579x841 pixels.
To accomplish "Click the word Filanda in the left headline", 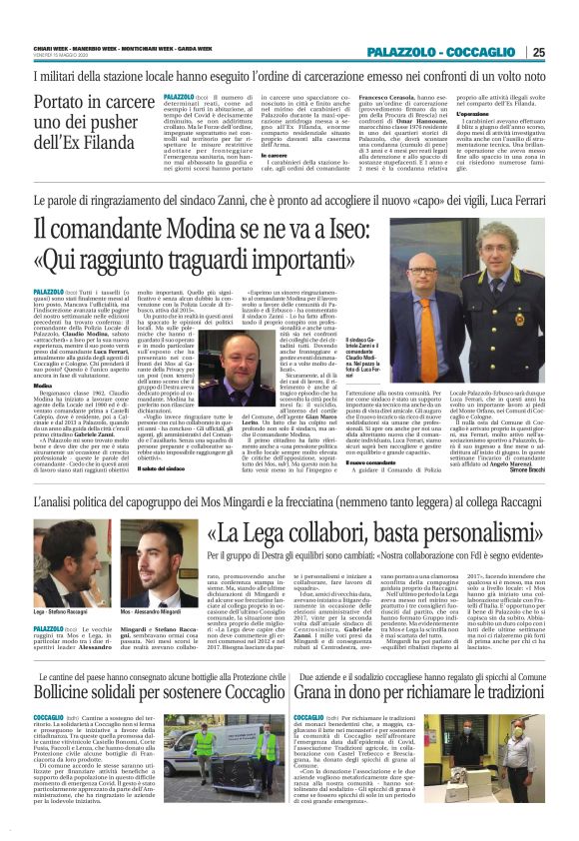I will pos(118,144).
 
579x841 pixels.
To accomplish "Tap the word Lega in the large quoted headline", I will pos(279,528).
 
